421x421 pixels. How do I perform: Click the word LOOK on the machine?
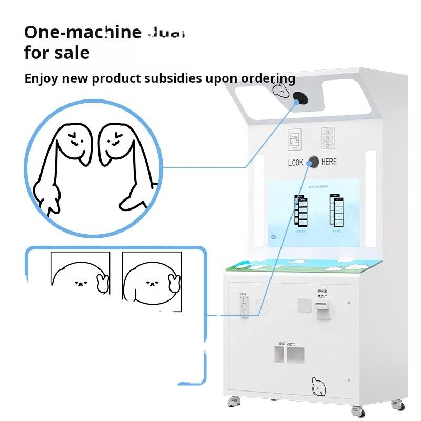tap(295, 163)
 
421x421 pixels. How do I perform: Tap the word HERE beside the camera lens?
tap(329, 162)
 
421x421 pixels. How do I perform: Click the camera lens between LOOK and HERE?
tap(313, 162)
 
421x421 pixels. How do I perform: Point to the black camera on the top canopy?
tap(300, 97)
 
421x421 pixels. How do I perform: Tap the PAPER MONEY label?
tap(323, 293)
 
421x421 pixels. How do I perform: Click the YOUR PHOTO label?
tap(287, 344)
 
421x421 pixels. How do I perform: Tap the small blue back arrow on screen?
tap(274, 236)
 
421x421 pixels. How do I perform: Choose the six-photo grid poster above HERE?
tap(329, 139)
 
